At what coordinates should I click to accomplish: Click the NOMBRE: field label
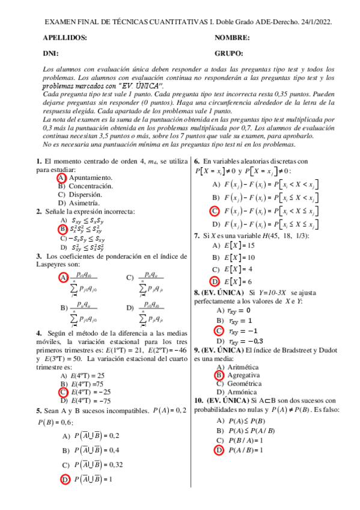tap(232, 38)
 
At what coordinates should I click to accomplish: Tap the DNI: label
tap(50, 53)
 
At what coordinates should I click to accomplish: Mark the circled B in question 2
tap(62, 229)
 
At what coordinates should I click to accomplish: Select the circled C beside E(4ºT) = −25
tap(63, 392)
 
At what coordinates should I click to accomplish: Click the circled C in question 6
tap(215, 210)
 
